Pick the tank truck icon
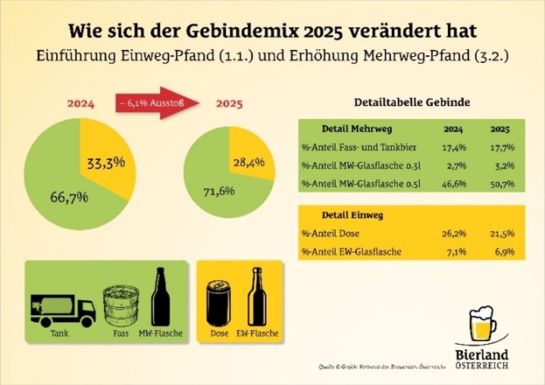[x=63, y=309]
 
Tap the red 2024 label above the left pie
[x=80, y=104]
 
